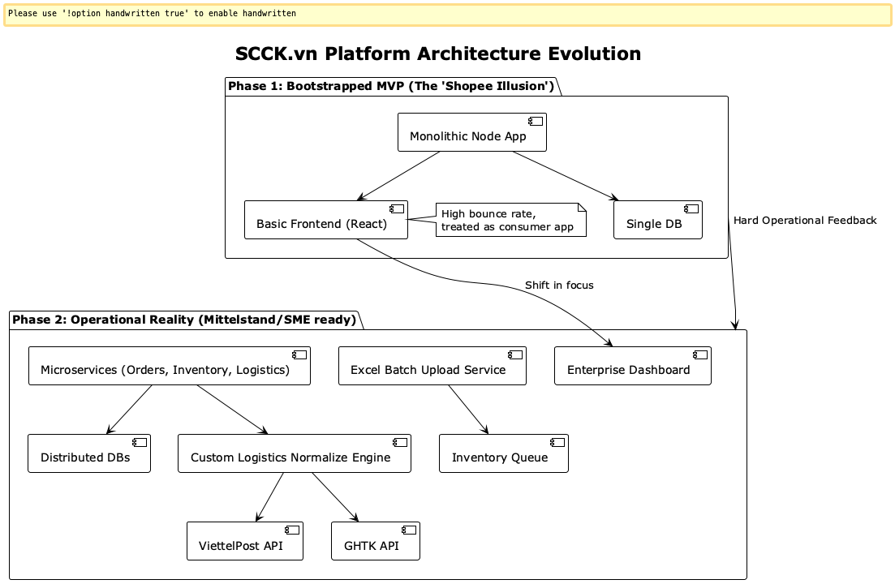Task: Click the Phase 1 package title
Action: click(x=391, y=87)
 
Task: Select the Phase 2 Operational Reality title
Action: click(x=184, y=320)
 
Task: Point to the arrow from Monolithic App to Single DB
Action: click(x=565, y=176)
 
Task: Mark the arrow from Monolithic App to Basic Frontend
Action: click(x=399, y=176)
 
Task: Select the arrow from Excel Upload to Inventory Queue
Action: click(x=468, y=410)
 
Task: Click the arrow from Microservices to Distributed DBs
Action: click(x=130, y=410)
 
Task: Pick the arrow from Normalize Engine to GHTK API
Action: click(x=334, y=496)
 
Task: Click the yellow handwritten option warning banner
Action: click(x=447, y=15)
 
